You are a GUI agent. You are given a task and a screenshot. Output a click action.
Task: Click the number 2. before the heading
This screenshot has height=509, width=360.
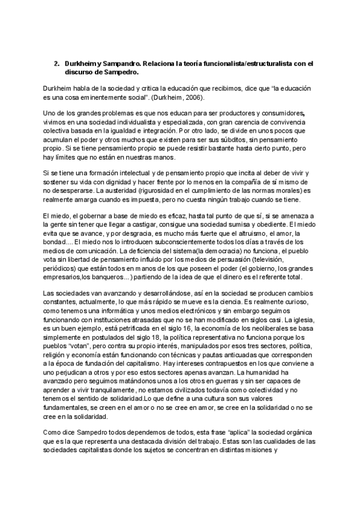tap(56, 62)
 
